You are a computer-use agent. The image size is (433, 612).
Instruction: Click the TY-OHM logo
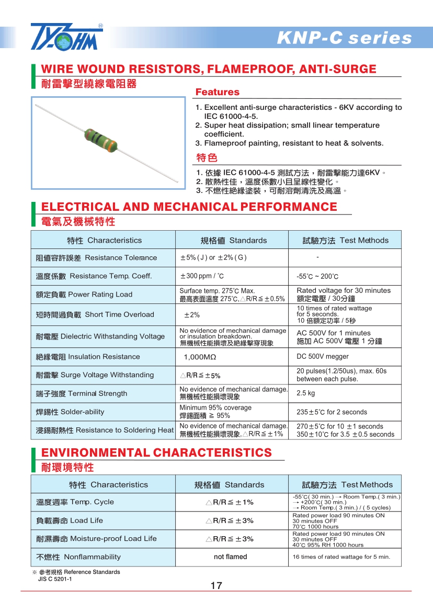tap(66, 37)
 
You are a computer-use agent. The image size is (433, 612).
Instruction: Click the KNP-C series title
tap(344, 38)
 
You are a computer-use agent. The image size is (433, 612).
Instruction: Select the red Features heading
tap(217, 93)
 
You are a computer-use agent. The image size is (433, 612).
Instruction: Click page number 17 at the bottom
tap(216, 586)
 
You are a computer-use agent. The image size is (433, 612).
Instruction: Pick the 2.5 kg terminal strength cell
tap(306, 393)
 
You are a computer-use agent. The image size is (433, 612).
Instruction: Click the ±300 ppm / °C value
tap(202, 276)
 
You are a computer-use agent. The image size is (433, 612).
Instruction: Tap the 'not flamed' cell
tap(231, 557)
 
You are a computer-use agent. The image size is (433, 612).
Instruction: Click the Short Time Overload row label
tap(95, 314)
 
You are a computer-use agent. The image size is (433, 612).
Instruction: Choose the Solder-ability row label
tap(70, 412)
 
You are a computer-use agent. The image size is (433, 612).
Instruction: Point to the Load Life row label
tap(70, 520)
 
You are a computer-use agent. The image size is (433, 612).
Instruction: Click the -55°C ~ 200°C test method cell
tap(317, 277)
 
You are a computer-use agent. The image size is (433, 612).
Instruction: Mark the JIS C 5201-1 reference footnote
tap(55, 579)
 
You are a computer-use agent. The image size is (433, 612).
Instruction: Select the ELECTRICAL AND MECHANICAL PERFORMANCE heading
tap(189, 207)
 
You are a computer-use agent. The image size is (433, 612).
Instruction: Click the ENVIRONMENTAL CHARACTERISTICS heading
tap(156, 452)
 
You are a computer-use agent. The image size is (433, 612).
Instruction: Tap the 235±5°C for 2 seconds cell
tap(332, 412)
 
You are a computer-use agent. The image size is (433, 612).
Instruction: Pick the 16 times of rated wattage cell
tap(341, 557)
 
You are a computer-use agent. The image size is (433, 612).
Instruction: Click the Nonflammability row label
tap(78, 557)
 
